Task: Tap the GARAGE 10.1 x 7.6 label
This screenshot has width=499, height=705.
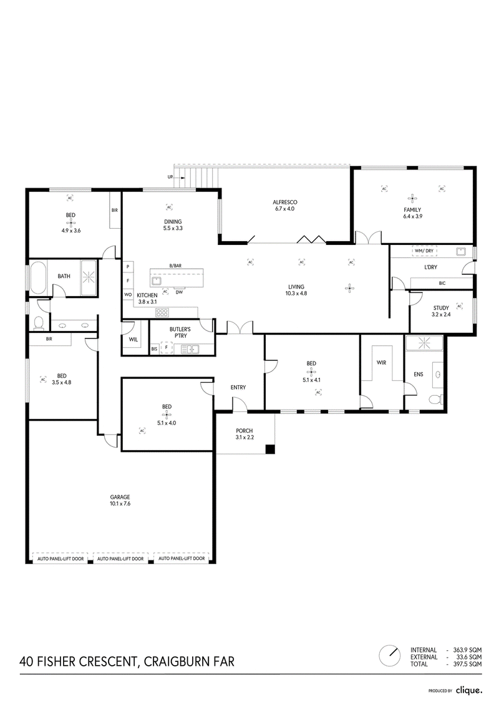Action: (120, 501)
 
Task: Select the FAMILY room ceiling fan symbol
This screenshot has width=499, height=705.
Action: (412, 198)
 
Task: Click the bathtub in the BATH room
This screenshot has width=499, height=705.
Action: (37, 279)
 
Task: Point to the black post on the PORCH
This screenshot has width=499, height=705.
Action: (270, 449)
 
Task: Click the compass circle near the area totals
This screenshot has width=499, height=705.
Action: (389, 656)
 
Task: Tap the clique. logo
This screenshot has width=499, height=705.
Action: (468, 690)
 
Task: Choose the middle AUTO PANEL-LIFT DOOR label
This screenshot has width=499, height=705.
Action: (120, 559)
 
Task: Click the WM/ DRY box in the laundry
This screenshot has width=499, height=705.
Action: (424, 251)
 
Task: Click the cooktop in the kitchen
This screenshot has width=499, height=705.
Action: (162, 312)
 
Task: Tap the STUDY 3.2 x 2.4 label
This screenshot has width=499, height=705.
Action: (441, 311)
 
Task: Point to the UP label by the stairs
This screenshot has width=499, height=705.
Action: (170, 177)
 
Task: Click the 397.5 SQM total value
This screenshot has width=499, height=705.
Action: (468, 664)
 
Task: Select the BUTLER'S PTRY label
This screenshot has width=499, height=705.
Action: (180, 332)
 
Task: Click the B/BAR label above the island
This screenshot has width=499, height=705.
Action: (175, 266)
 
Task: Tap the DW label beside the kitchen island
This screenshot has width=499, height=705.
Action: (179, 292)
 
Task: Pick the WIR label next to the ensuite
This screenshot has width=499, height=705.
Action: (381, 362)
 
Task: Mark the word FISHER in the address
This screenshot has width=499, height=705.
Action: (57, 662)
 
